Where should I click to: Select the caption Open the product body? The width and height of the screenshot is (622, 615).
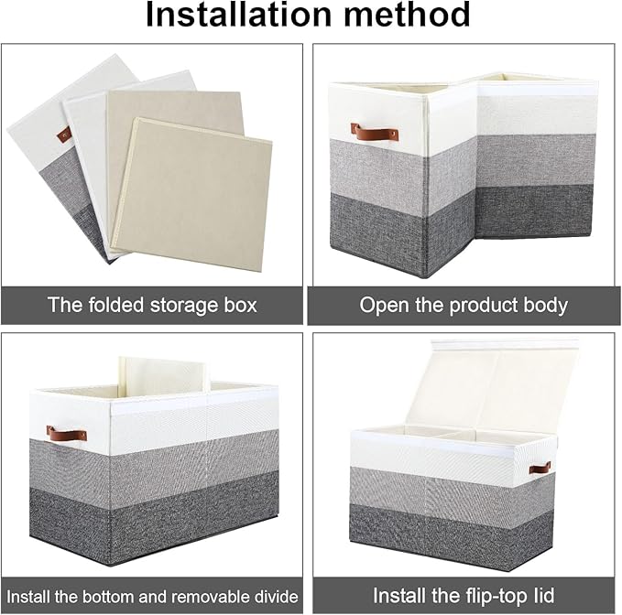(x=464, y=305)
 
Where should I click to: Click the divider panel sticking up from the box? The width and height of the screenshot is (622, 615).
(x=163, y=376)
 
